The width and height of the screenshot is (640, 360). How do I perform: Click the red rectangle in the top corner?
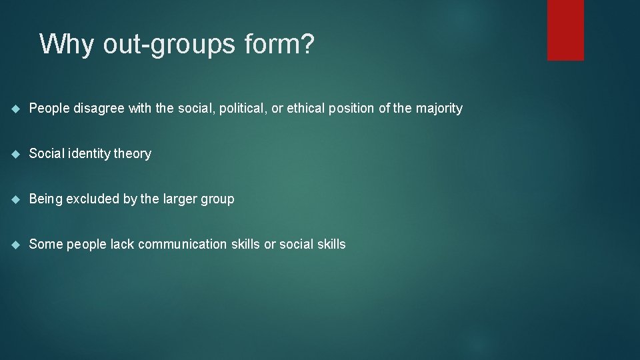(565, 30)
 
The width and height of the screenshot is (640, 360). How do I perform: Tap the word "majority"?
(439, 109)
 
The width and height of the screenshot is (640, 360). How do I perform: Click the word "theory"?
(133, 154)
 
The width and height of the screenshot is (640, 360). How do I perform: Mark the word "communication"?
(182, 245)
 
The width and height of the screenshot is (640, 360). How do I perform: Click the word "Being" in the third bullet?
(45, 199)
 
